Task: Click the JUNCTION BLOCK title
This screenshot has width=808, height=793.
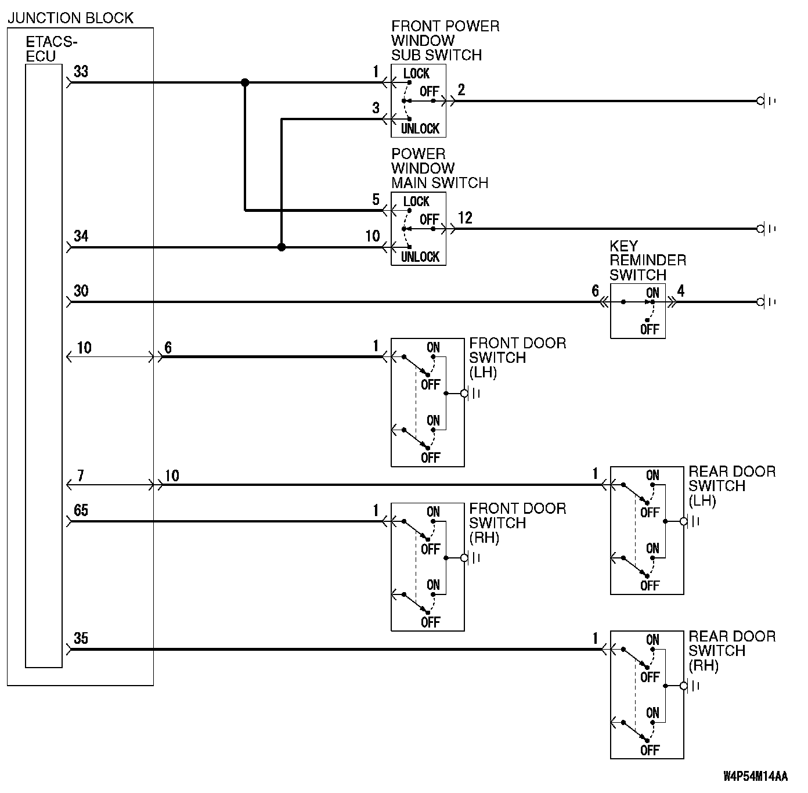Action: click(70, 18)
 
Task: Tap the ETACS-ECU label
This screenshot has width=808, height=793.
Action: click(51, 49)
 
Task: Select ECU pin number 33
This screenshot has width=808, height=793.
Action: click(81, 71)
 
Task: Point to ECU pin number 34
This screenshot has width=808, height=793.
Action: click(81, 236)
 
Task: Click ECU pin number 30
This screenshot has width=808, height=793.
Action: click(81, 291)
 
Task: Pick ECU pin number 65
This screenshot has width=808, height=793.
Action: click(81, 510)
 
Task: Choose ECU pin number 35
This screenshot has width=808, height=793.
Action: click(81, 639)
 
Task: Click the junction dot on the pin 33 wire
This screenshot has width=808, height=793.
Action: click(245, 83)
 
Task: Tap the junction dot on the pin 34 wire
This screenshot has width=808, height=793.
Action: click(282, 247)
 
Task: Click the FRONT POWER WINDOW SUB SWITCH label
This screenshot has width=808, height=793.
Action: click(445, 41)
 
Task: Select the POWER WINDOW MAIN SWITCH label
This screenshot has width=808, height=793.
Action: click(439, 168)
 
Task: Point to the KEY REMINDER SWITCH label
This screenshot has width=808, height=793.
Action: click(647, 260)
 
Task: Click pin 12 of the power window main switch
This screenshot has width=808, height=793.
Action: click(465, 218)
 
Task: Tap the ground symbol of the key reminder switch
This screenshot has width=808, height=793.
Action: click(765, 302)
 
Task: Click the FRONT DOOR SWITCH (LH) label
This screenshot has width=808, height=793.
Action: click(517, 358)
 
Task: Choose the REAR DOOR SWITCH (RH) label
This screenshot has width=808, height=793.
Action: click(731, 651)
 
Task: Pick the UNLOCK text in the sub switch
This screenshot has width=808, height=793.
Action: click(420, 128)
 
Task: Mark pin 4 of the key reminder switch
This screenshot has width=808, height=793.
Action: click(681, 291)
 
